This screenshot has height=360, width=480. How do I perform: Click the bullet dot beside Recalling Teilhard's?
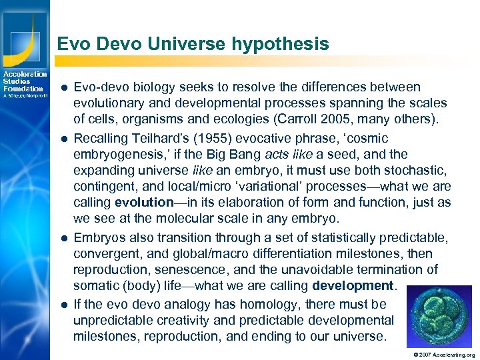click(x=62, y=139)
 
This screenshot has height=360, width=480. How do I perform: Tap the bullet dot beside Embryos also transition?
click(x=62, y=239)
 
